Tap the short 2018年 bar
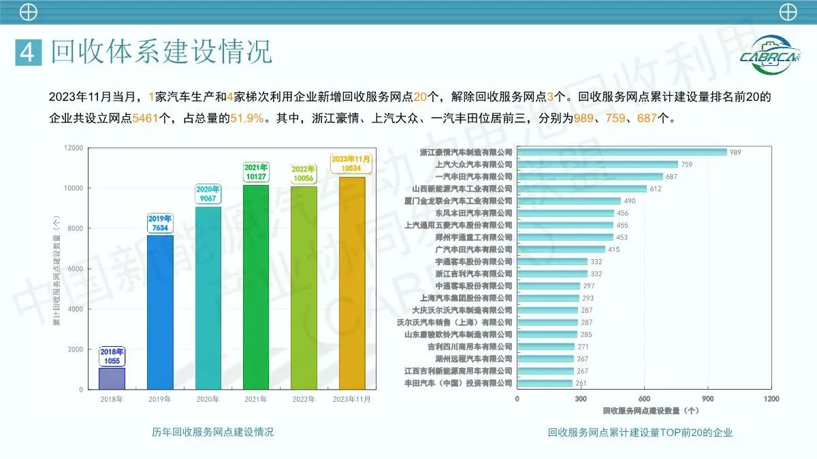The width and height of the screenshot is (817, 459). coord(112,377)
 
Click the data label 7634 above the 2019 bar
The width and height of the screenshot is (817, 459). coord(160,228)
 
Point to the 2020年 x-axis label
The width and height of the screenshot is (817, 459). coord(208,399)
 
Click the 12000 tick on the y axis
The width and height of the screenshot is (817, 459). coord(74,148)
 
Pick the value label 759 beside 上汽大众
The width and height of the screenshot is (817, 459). coord(686,165)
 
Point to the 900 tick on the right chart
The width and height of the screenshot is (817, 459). coord(707,398)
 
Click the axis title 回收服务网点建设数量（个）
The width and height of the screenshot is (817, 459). coord(650,411)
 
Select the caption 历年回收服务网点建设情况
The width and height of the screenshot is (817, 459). coord(212,432)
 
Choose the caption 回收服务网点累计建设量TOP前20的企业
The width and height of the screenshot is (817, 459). coord(640,432)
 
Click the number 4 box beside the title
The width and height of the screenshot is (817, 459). coord(28,52)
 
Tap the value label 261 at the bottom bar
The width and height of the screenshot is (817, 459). coord(581,384)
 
